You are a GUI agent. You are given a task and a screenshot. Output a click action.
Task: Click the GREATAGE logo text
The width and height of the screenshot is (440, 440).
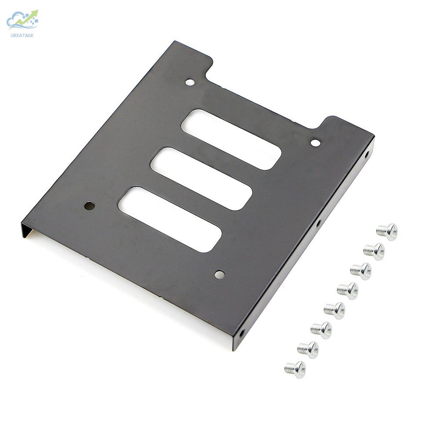[x=22, y=35]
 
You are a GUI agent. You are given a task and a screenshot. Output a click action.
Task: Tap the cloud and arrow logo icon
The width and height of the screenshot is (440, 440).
[x=23, y=20]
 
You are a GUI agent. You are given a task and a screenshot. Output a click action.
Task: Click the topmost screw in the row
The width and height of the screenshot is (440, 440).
[x=387, y=231]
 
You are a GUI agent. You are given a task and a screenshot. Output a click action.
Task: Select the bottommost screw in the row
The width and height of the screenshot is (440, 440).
[x=295, y=369]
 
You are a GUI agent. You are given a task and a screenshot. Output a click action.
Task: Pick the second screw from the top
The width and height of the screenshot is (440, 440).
[x=374, y=251]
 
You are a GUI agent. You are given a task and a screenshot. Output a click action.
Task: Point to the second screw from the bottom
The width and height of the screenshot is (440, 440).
[x=308, y=349]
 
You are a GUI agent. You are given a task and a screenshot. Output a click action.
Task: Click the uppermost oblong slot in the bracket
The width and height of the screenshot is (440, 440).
[x=231, y=139]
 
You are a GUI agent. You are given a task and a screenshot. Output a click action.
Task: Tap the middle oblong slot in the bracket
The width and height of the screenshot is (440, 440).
[x=201, y=178]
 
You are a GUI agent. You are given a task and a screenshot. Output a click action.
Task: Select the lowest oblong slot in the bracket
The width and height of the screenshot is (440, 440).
[x=170, y=219]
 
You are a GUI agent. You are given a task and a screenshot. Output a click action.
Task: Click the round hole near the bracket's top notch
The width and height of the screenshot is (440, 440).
[x=190, y=82]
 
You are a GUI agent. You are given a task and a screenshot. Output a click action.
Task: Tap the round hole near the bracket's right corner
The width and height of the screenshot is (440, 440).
[x=315, y=143]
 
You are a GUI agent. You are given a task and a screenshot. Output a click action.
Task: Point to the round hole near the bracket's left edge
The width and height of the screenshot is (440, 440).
[x=89, y=205]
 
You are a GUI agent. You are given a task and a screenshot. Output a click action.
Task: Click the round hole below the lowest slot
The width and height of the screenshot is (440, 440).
[x=219, y=275]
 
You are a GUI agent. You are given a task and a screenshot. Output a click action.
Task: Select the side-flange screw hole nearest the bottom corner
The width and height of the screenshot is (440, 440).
[x=242, y=333]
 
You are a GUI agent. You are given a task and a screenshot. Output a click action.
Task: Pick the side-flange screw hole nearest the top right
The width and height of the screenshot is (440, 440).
[x=367, y=154]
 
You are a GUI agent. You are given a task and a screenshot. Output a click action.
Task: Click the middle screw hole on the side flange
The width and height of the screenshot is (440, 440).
[x=318, y=223]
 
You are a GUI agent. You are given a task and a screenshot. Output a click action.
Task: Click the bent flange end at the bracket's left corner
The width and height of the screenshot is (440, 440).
[x=26, y=230]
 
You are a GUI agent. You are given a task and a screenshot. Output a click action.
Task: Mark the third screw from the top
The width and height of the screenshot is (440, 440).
[x=361, y=271]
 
